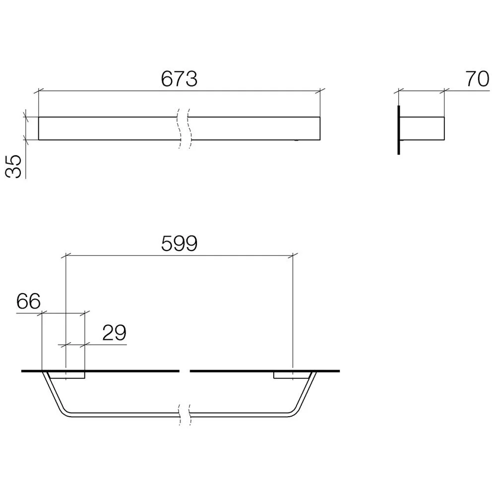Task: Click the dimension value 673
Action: click(179, 79)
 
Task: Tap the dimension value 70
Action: click(477, 79)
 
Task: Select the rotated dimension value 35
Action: click(13, 166)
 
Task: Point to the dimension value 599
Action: click(179, 243)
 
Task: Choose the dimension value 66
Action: click(28, 301)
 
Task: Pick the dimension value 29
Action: click(114, 332)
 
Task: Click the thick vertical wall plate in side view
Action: click(399, 130)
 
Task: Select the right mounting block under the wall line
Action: click(291, 375)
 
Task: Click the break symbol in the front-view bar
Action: click(184, 128)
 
